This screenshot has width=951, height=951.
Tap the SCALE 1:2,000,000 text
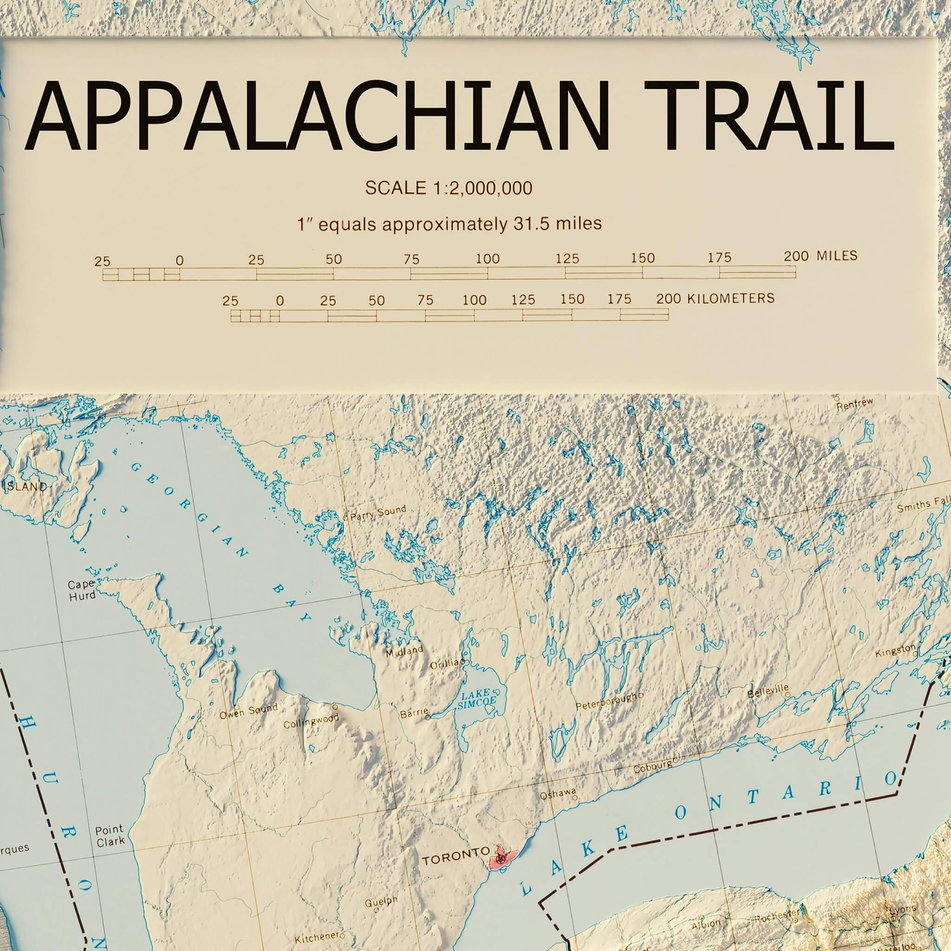point(449,188)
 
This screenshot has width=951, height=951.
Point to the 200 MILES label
point(821,256)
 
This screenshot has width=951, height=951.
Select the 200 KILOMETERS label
point(715,298)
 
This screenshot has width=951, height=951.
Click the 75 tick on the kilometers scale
point(425,300)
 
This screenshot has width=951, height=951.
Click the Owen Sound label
point(248,711)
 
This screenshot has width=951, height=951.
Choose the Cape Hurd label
point(81,589)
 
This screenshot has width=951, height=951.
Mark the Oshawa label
point(558,794)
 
